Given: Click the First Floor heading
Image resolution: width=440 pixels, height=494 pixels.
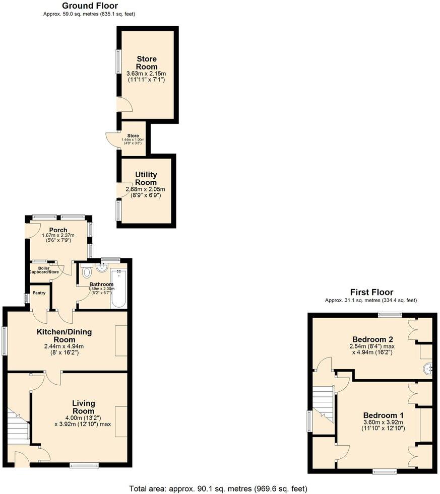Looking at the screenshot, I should pos(371,292).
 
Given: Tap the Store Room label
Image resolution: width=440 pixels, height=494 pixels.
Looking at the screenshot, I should pos(147,63).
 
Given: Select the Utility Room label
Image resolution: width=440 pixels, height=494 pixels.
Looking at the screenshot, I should pos(146,178).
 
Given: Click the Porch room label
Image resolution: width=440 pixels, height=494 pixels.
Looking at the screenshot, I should pos(58,230).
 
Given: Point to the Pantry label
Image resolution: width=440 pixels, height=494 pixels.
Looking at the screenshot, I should pos(39,293).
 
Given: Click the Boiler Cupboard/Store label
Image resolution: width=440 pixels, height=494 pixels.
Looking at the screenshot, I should pos(44,270).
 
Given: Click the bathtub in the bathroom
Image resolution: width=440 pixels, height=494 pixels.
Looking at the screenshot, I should pos(119,288).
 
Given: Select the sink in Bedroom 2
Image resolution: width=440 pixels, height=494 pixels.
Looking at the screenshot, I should pos(428,369).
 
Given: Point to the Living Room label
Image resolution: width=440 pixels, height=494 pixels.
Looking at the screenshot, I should pos(83,407).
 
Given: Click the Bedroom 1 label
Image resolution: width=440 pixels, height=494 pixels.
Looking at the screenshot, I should pos(384,415).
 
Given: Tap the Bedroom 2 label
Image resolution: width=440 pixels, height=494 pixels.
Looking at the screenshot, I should pos(372,338).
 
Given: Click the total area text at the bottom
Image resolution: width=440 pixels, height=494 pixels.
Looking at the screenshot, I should pos(218,488).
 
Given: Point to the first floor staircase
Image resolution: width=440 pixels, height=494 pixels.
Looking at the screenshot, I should pos(324,403).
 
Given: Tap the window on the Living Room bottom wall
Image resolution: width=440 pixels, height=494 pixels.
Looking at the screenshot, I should pos(84,466).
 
